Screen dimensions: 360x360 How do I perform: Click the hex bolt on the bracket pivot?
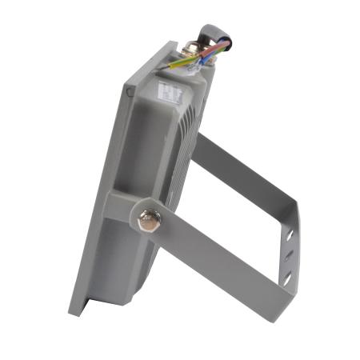pos(148,220)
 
